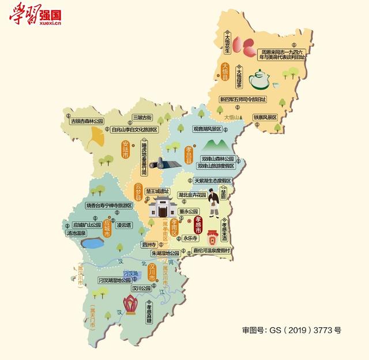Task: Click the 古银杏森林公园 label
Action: (x=86, y=122)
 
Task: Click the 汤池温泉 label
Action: (x=77, y=234)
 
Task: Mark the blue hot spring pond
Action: (x=92, y=244)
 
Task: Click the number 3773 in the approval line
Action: (x=323, y=330)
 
